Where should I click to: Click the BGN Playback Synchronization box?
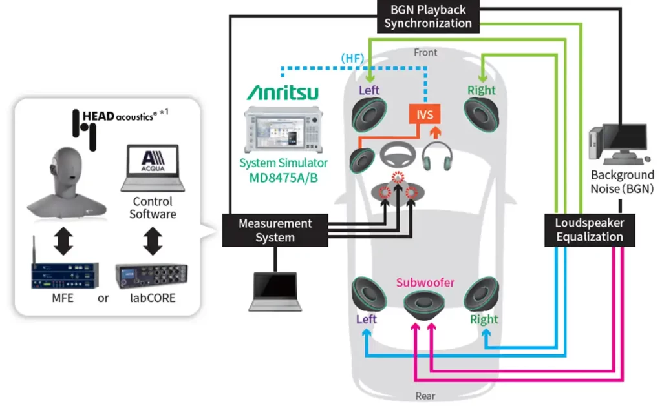[x=427, y=17]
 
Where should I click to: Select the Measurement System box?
[x=275, y=230]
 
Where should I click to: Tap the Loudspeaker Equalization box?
[x=589, y=229]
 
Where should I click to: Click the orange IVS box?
[x=425, y=116]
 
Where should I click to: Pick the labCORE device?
[x=152, y=277]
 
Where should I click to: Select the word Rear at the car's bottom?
[x=425, y=396]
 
